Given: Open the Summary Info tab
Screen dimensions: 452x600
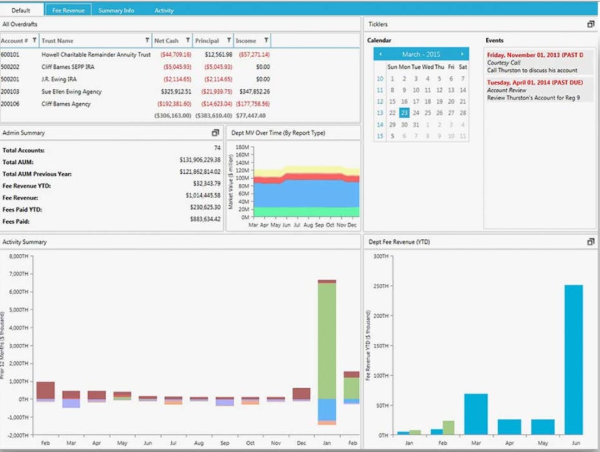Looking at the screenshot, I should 116,11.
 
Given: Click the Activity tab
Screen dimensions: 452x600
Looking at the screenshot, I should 164,11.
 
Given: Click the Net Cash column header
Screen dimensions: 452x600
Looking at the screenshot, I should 167,41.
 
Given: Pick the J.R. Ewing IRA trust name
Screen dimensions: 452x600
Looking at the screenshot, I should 59,79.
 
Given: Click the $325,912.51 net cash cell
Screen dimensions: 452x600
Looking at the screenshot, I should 176,92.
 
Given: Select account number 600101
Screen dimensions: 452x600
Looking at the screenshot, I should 10,54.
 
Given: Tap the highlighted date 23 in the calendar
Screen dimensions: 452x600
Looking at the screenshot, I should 404,113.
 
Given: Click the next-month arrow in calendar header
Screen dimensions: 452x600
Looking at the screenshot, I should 462,54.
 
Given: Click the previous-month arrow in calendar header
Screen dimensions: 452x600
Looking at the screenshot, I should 380,54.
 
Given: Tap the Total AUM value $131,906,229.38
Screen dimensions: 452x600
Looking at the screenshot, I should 199,163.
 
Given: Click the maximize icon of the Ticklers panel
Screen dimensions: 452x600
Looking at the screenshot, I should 591,24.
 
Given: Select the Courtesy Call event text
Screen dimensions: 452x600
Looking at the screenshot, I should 504,63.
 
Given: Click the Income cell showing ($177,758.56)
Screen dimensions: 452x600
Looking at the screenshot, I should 254,104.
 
